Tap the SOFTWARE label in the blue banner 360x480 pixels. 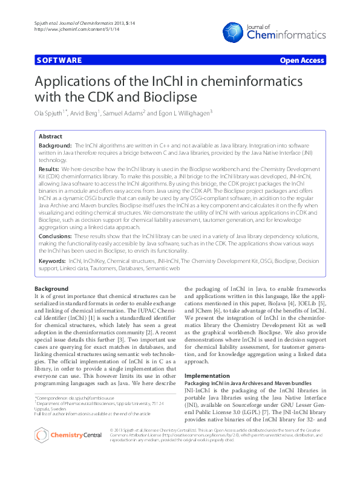[59, 60]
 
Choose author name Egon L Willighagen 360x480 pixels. [184, 113]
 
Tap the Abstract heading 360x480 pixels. [51, 137]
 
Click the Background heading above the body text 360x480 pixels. [51, 288]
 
